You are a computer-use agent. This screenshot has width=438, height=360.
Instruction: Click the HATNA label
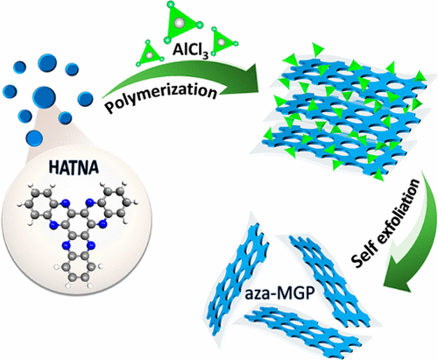pyautogui.click(x=74, y=168)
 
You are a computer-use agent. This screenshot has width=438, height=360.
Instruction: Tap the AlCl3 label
pyautogui.click(x=191, y=50)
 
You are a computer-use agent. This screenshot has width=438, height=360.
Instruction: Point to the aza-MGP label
pyautogui.click(x=279, y=294)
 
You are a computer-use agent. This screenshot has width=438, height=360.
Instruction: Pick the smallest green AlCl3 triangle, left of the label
pyautogui.click(x=150, y=54)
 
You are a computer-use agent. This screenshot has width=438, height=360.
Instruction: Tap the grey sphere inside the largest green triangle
pyautogui.click(x=180, y=22)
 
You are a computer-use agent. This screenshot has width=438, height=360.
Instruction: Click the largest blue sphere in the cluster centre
pyautogui.click(x=44, y=96)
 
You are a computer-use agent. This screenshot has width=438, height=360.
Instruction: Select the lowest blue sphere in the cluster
pyautogui.click(x=34, y=138)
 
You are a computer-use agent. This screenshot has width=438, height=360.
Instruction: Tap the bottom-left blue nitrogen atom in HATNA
pyautogui.click(x=53, y=225)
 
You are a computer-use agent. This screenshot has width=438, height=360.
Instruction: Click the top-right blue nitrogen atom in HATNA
pyautogui.click(x=90, y=201)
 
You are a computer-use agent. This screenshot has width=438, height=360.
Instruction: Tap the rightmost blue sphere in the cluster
pyautogui.click(x=85, y=98)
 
